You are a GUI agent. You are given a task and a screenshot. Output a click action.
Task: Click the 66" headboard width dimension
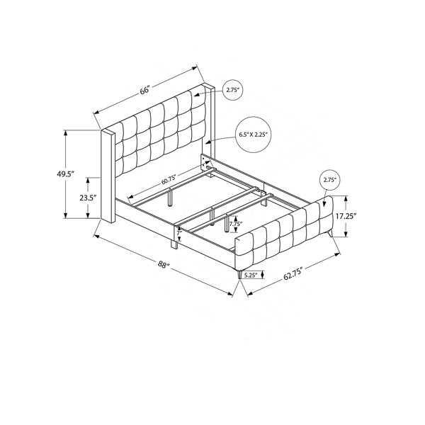(145, 90)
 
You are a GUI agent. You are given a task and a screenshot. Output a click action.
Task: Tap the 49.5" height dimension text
(65, 174)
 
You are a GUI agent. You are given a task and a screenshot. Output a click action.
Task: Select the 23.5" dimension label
(88, 198)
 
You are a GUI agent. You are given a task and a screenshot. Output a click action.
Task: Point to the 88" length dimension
(163, 264)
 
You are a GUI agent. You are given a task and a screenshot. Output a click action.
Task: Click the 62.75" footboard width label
(293, 273)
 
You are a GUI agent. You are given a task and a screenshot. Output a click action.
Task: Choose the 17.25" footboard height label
(346, 216)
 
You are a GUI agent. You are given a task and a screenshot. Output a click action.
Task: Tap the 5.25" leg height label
(251, 275)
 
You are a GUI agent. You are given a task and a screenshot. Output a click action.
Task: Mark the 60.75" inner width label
(169, 180)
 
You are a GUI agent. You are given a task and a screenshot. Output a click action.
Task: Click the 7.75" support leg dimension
(236, 224)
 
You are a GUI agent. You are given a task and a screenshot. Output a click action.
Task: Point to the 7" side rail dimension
(179, 233)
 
